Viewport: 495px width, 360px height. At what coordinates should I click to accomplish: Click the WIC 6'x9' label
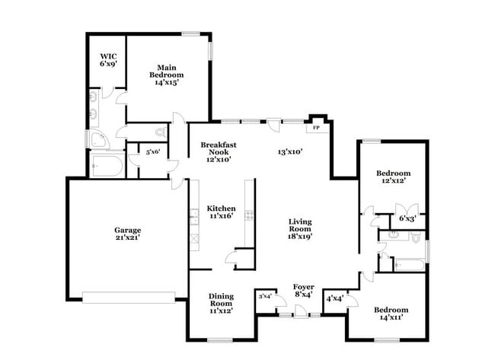pos(107,61)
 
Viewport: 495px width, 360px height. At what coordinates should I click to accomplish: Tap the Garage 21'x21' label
pos(127,234)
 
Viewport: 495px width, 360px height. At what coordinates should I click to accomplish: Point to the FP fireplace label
pos(315,128)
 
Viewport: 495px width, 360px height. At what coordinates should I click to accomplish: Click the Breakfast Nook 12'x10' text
pos(216,151)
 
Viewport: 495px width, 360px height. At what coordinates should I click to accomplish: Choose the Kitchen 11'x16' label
pos(222,212)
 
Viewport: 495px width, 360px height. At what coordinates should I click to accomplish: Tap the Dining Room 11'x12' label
pos(221,303)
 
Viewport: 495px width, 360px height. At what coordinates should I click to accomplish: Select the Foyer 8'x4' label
pos(303,291)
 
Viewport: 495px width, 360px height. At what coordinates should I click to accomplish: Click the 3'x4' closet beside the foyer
pos(265,296)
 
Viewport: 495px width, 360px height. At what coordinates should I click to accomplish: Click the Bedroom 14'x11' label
pos(390,314)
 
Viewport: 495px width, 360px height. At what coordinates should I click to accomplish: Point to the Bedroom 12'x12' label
pos(394,177)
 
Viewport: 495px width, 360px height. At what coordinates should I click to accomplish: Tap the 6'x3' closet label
pos(407,218)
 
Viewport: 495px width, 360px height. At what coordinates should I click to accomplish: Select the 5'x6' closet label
pos(152,152)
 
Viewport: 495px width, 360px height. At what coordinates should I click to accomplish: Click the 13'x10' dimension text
pos(290,151)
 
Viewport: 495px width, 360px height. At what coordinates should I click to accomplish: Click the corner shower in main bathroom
pos(98,140)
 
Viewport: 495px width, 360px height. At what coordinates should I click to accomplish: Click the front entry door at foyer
pos(302,311)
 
